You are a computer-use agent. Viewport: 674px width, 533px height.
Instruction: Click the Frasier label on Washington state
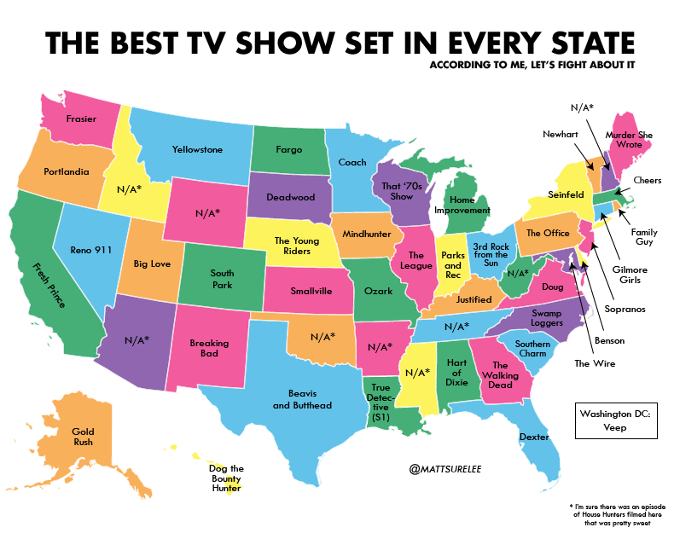pos(80,119)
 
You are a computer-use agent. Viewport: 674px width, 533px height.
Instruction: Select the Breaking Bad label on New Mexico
pos(209,349)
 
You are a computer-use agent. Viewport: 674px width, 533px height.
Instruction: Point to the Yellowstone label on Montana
pos(197,149)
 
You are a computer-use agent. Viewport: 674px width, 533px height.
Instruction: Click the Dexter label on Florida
pos(533,437)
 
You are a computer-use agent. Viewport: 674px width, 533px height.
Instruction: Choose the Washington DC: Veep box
pos(614,421)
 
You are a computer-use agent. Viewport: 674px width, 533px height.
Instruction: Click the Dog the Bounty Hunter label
pos(226,478)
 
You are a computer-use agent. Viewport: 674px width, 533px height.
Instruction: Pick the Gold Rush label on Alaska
pos(84,437)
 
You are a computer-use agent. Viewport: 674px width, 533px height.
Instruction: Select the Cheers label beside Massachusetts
pos(647,181)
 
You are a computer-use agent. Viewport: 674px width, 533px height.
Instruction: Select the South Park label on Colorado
pos(222,279)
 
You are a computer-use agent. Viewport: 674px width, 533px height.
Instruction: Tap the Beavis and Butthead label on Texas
pos(302,399)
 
